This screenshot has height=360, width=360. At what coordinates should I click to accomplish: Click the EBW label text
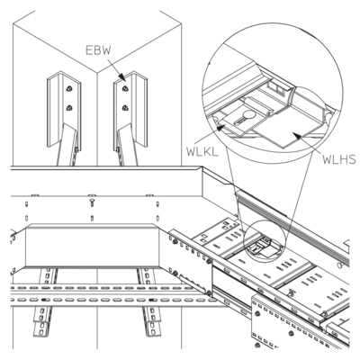pyautogui.click(x=98, y=50)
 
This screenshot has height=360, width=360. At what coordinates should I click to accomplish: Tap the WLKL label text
pyautogui.click(x=202, y=152)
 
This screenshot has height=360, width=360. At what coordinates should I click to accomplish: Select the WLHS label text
pyautogui.click(x=339, y=159)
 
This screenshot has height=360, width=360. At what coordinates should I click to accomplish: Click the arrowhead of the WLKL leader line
pyautogui.click(x=220, y=128)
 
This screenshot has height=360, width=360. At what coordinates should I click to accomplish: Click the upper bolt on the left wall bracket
pyautogui.click(x=69, y=88)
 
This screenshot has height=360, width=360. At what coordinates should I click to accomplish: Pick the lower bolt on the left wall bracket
pyautogui.click(x=69, y=108)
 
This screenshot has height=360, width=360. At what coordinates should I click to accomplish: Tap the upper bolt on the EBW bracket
pyautogui.click(x=125, y=88)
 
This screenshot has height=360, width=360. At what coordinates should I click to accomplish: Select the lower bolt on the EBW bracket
pyautogui.click(x=125, y=107)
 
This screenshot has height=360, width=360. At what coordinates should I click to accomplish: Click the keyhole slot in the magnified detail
pyautogui.click(x=244, y=117)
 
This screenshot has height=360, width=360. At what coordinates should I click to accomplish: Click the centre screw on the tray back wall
pyautogui.click(x=92, y=202)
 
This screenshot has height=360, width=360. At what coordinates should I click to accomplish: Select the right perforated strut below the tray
pyautogui.click(x=149, y=303)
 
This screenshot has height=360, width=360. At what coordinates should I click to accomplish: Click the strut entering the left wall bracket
pyautogui.click(x=67, y=145)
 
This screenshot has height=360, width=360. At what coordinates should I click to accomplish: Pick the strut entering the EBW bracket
pyautogui.click(x=127, y=145)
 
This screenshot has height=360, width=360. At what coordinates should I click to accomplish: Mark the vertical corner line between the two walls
pyautogui.click(x=97, y=119)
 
